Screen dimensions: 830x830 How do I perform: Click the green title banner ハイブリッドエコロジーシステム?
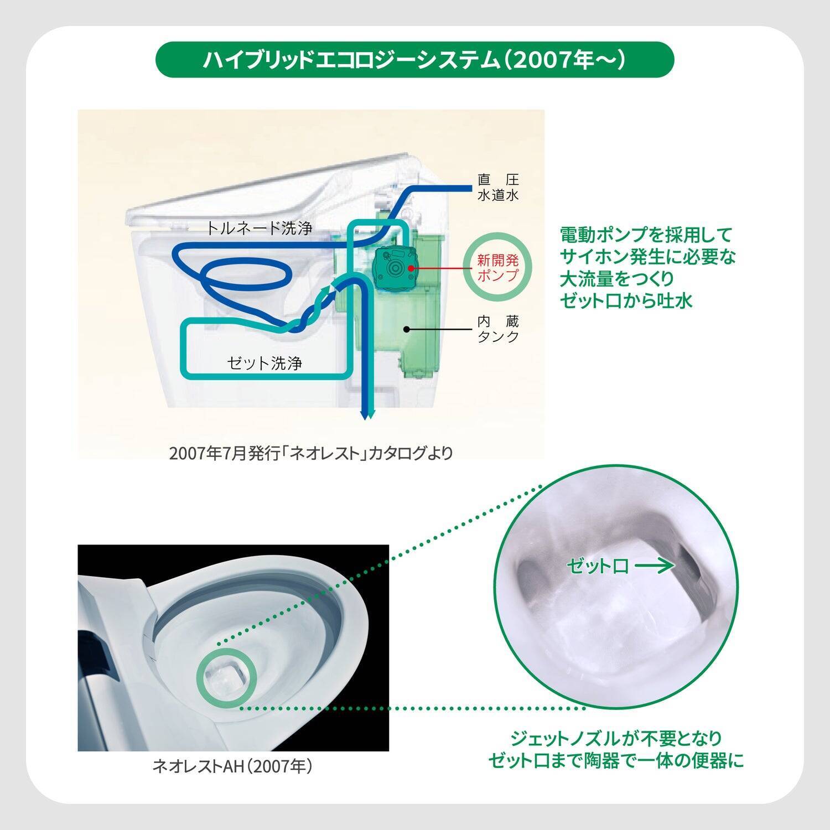point(415,59)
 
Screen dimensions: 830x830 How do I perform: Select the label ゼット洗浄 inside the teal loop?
point(264,364)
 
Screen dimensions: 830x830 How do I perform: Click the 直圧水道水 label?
point(498,188)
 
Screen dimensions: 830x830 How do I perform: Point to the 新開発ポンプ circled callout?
point(498,267)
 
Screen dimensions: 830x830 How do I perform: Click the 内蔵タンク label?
point(498,329)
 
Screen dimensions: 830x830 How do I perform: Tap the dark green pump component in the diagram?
point(395,268)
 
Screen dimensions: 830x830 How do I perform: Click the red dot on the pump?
point(411,268)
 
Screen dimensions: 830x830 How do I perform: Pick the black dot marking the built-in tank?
point(407,329)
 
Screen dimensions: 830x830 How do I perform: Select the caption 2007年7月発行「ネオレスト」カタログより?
point(310,453)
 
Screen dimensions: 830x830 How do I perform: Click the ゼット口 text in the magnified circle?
point(598,566)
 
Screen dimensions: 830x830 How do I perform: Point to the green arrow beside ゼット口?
point(654,566)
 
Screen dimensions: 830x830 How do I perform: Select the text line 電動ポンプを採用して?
point(646,235)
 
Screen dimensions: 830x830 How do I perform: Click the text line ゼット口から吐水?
point(626,301)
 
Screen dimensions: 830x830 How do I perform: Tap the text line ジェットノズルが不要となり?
point(616,739)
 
